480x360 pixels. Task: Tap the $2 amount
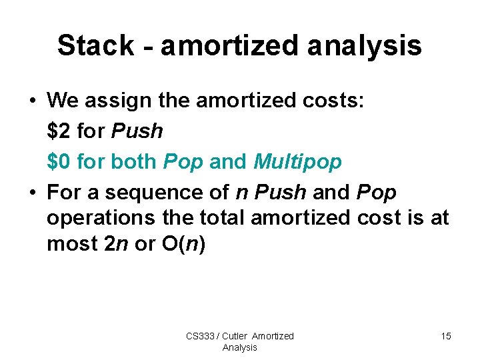pos(59,131)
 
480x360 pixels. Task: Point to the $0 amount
pos(59,162)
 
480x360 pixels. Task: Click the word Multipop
pos(297,162)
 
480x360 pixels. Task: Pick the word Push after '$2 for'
pos(137,131)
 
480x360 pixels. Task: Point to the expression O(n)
pos(183,244)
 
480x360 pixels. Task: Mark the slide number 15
pos(445,336)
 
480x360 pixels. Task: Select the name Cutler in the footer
pos(234,336)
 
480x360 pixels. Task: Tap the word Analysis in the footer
pos(239,347)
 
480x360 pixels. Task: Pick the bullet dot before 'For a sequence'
pos(32,193)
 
